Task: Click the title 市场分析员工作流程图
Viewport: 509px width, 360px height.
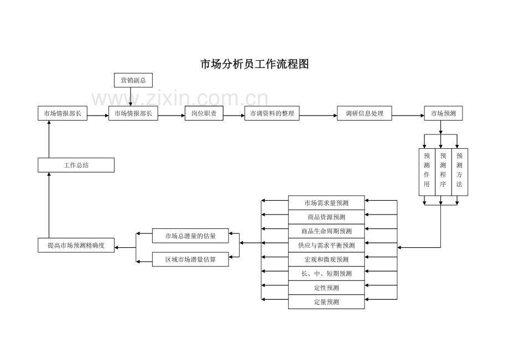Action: pyautogui.click(x=254, y=64)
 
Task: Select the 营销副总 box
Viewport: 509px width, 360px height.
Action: pyautogui.click(x=133, y=81)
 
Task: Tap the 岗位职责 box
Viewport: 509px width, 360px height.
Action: pyautogui.click(x=204, y=114)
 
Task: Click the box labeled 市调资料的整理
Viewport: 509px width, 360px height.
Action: pyautogui.click(x=272, y=114)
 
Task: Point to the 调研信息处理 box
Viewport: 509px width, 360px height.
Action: pyautogui.click(x=364, y=114)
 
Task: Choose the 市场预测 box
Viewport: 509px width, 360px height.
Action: pyautogui.click(x=443, y=114)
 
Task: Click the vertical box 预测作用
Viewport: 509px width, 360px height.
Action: pyautogui.click(x=427, y=171)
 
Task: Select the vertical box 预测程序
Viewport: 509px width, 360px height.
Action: pyautogui.click(x=443, y=171)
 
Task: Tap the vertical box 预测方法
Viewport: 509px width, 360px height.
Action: pyautogui.click(x=460, y=171)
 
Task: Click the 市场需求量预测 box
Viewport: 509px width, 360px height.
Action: pyautogui.click(x=326, y=203)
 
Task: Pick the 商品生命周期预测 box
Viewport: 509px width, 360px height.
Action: pyautogui.click(x=326, y=231)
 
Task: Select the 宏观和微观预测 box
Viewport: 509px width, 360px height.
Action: pyautogui.click(x=326, y=259)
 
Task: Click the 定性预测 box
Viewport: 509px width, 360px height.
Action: pyautogui.click(x=326, y=288)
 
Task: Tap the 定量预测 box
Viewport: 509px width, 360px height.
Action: pyautogui.click(x=326, y=302)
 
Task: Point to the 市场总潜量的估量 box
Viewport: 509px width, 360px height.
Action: pyautogui.click(x=190, y=236)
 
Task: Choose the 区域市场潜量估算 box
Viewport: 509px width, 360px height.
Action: pyautogui.click(x=190, y=259)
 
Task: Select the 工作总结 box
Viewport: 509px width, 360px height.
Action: pyautogui.click(x=76, y=165)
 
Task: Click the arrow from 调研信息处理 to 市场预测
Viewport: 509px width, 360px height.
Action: pyautogui.click(x=408, y=114)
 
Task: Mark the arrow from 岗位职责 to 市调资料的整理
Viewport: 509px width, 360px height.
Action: pyautogui.click(x=233, y=114)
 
